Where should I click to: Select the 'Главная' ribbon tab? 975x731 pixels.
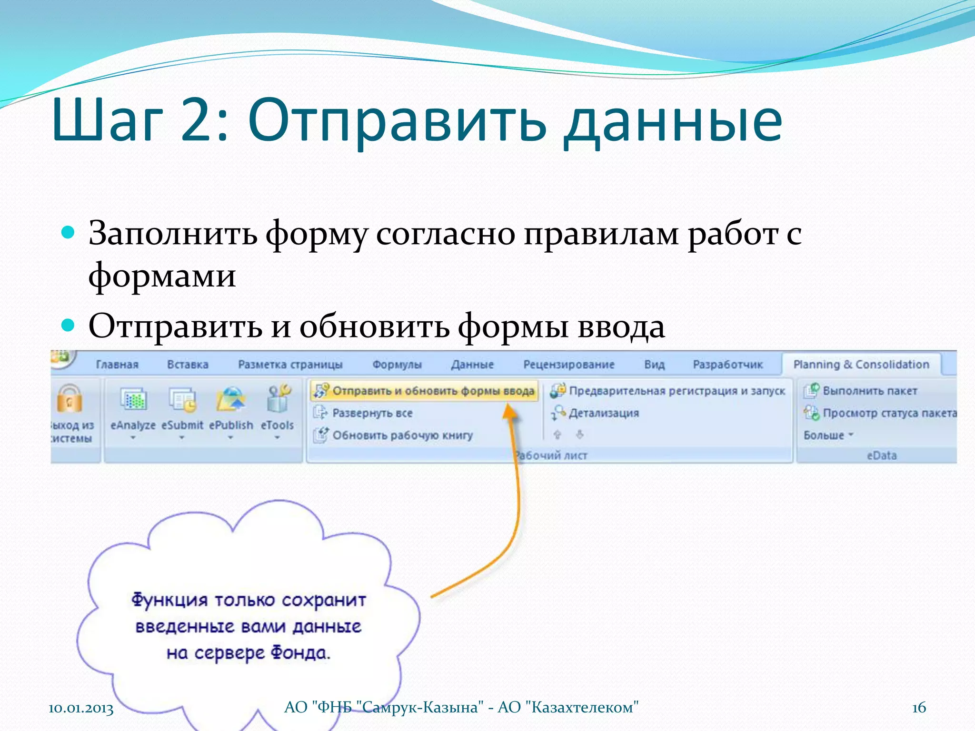pos(117,365)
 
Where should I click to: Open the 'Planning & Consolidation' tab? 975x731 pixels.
pos(861,365)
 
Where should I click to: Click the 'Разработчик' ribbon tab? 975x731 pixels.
pos(727,365)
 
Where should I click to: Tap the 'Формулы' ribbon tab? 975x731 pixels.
pos(397,365)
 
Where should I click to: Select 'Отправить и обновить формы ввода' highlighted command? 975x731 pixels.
pos(424,391)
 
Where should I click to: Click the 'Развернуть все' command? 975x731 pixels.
pos(372,413)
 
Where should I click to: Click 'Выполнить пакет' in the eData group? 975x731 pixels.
pos(869,391)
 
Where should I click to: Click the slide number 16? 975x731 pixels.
pos(919,707)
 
